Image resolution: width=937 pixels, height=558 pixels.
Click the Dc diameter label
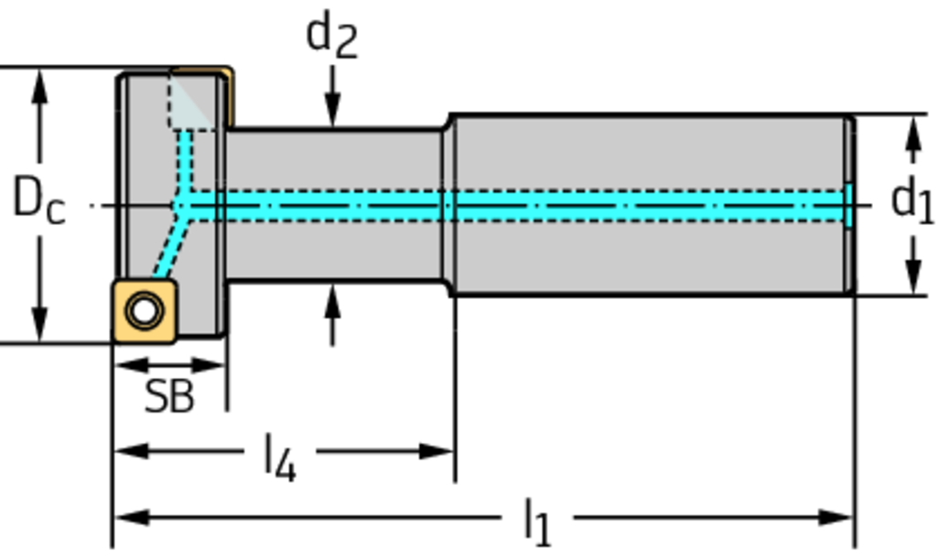pyautogui.click(x=38, y=200)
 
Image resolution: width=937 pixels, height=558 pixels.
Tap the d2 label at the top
pyautogui.click(x=331, y=37)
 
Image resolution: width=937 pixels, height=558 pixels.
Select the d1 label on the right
pyautogui.click(x=911, y=201)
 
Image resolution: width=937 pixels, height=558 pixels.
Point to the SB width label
pyautogui.click(x=169, y=397)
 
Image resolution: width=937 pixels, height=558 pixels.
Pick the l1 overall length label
pyautogui.click(x=537, y=521)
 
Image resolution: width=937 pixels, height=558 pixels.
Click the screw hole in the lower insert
pyautogui.click(x=143, y=311)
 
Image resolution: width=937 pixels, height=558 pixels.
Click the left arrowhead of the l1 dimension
pyautogui.click(x=124, y=518)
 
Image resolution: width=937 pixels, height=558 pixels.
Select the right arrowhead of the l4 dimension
pyautogui.click(x=443, y=451)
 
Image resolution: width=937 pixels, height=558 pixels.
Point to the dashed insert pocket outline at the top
pyautogui.click(x=190, y=101)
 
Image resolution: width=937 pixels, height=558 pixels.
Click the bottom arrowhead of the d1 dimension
pyautogui.click(x=911, y=279)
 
